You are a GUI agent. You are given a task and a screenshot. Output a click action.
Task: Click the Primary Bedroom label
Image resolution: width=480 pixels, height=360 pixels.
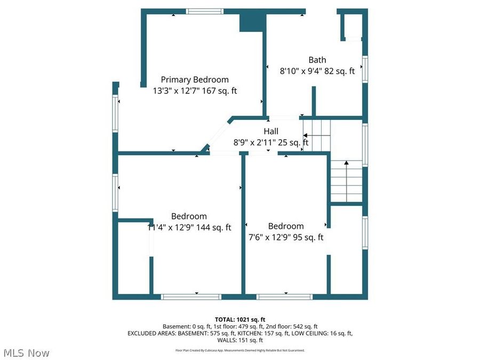195,79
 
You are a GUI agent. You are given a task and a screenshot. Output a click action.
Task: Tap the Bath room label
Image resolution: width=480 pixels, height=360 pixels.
317,60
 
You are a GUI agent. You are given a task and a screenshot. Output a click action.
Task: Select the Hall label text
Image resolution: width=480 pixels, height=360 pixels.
270,131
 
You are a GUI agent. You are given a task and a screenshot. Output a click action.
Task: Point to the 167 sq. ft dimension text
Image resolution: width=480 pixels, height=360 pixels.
217,91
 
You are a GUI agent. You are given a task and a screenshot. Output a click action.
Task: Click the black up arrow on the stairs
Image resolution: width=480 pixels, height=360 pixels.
346,162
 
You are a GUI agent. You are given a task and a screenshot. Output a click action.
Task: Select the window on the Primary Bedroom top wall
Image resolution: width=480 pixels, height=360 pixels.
204,11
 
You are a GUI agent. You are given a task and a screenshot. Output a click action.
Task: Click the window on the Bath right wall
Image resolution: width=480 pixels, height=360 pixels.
365,69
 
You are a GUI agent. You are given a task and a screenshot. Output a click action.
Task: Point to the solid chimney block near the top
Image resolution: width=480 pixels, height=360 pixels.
252,22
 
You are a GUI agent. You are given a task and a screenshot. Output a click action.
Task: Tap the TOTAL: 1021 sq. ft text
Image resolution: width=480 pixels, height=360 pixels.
239,318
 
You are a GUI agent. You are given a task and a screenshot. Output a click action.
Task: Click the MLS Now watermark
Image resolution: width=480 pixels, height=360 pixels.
27,353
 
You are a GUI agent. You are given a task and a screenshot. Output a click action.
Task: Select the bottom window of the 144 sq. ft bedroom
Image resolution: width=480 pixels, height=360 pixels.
191,297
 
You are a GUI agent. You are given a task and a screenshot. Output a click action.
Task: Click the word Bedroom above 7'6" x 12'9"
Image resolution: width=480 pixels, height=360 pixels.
286,226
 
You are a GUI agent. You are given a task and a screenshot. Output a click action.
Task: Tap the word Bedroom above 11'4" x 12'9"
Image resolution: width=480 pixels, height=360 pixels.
189,216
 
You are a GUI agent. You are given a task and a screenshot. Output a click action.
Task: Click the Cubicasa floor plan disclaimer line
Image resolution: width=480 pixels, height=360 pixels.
240,350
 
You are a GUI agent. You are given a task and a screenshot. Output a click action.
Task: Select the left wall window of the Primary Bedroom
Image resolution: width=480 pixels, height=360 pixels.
115,114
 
